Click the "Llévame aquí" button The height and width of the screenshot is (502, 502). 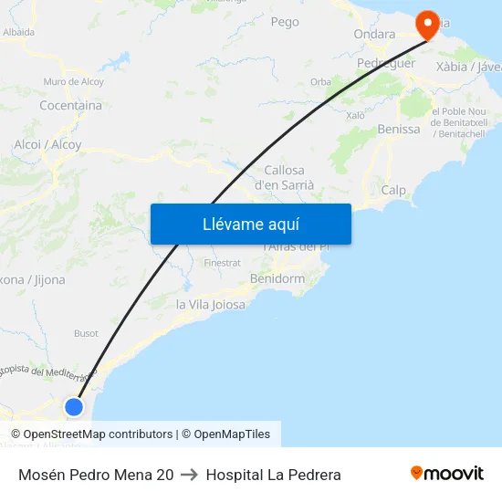(x=250, y=224)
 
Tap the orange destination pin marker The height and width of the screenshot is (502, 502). (x=426, y=22)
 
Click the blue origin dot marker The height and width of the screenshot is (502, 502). (x=74, y=406)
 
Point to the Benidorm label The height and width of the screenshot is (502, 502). (x=277, y=278)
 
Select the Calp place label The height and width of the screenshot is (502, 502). (x=393, y=190)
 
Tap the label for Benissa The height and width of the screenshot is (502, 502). (x=399, y=129)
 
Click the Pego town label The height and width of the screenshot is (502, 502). (x=285, y=22)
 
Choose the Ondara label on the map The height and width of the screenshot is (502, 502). (x=374, y=35)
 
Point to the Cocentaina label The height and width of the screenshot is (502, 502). (x=70, y=106)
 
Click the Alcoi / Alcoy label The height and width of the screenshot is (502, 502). (x=47, y=144)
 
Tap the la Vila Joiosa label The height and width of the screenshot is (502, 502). (x=211, y=305)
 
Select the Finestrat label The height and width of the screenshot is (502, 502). (x=223, y=262)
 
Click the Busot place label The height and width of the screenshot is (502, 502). (x=86, y=333)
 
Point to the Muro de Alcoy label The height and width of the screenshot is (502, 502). (x=73, y=82)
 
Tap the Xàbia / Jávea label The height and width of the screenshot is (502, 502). (x=469, y=67)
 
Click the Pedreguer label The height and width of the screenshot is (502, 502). (x=386, y=63)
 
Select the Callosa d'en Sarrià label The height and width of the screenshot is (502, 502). (x=284, y=177)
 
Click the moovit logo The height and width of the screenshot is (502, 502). (x=447, y=474)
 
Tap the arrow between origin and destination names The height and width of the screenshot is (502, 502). (x=189, y=475)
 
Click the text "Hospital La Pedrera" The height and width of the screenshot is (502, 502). (x=274, y=475)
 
